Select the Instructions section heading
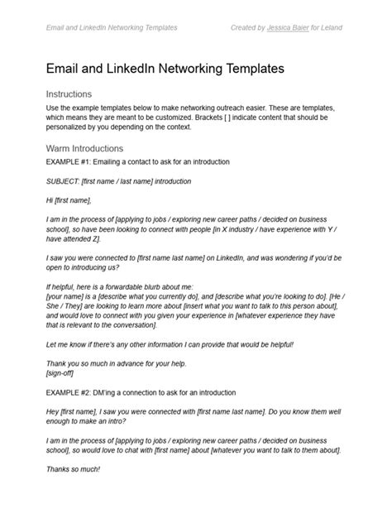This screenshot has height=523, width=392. point(69,94)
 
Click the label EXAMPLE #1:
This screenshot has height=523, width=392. point(73,161)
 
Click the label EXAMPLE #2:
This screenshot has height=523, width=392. point(73,391)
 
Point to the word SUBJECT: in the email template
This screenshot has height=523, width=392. point(65,180)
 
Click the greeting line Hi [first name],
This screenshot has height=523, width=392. point(69,200)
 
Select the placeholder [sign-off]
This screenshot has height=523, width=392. point(64,372)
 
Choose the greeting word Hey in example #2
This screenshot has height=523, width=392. point(54,411)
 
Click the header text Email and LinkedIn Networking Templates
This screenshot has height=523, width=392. point(112,27)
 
